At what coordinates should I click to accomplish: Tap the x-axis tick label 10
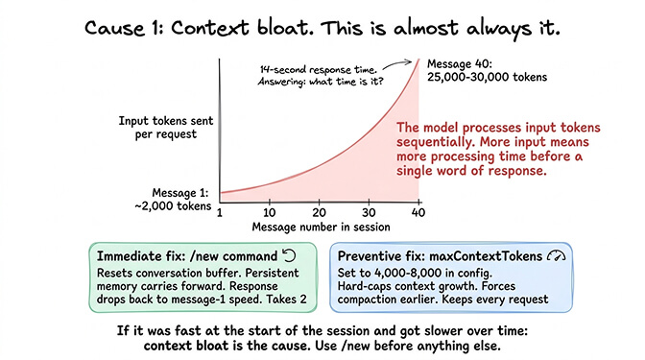(x=271, y=211)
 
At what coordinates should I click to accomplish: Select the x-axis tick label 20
(x=320, y=211)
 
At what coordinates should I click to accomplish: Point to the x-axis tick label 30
(x=369, y=211)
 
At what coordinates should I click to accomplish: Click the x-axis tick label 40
(x=418, y=211)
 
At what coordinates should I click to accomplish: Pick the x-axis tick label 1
(x=221, y=211)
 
